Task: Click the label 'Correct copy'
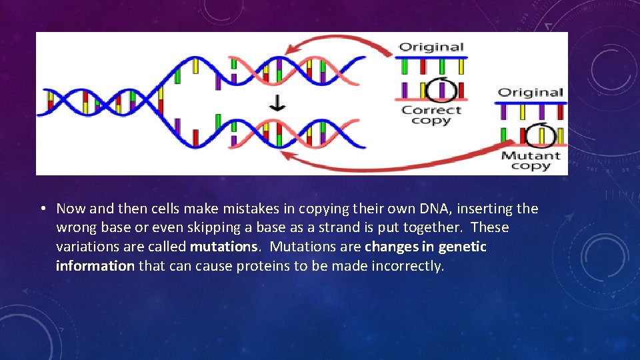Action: pos(431,115)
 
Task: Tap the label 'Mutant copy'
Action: pos(531,161)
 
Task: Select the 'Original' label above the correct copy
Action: pos(431,47)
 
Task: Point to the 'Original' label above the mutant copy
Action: pos(531,93)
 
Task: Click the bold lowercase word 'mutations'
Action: pos(223,247)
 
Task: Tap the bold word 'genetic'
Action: pos(463,247)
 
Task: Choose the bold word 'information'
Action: pos(95,266)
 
